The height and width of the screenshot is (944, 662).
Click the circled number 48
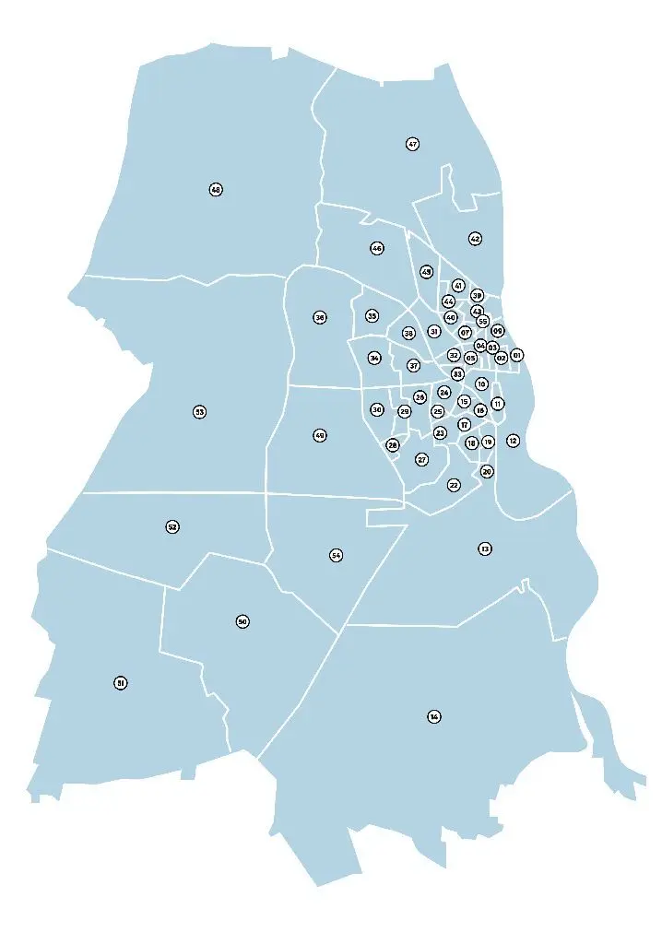216,190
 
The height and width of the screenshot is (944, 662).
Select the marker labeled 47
412,144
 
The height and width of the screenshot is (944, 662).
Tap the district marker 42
475,239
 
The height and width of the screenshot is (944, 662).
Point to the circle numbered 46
377,249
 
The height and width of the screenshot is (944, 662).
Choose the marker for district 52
172,526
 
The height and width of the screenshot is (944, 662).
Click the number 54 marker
336,555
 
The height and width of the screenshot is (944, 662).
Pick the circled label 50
242,621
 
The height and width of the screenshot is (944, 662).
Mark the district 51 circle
120,683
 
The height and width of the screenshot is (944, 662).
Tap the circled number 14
434,716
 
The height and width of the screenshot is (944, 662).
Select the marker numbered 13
485,549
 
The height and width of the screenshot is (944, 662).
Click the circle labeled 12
513,441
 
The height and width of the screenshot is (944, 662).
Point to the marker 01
516,355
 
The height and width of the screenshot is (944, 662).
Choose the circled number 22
454,485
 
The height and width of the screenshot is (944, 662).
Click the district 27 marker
422,459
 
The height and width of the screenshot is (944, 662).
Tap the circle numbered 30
377,409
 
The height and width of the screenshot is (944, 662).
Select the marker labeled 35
372,316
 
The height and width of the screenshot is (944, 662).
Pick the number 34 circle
374,358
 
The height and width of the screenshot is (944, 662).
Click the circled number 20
487,471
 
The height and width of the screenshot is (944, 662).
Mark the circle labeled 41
458,286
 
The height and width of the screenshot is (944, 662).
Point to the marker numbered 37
414,366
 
